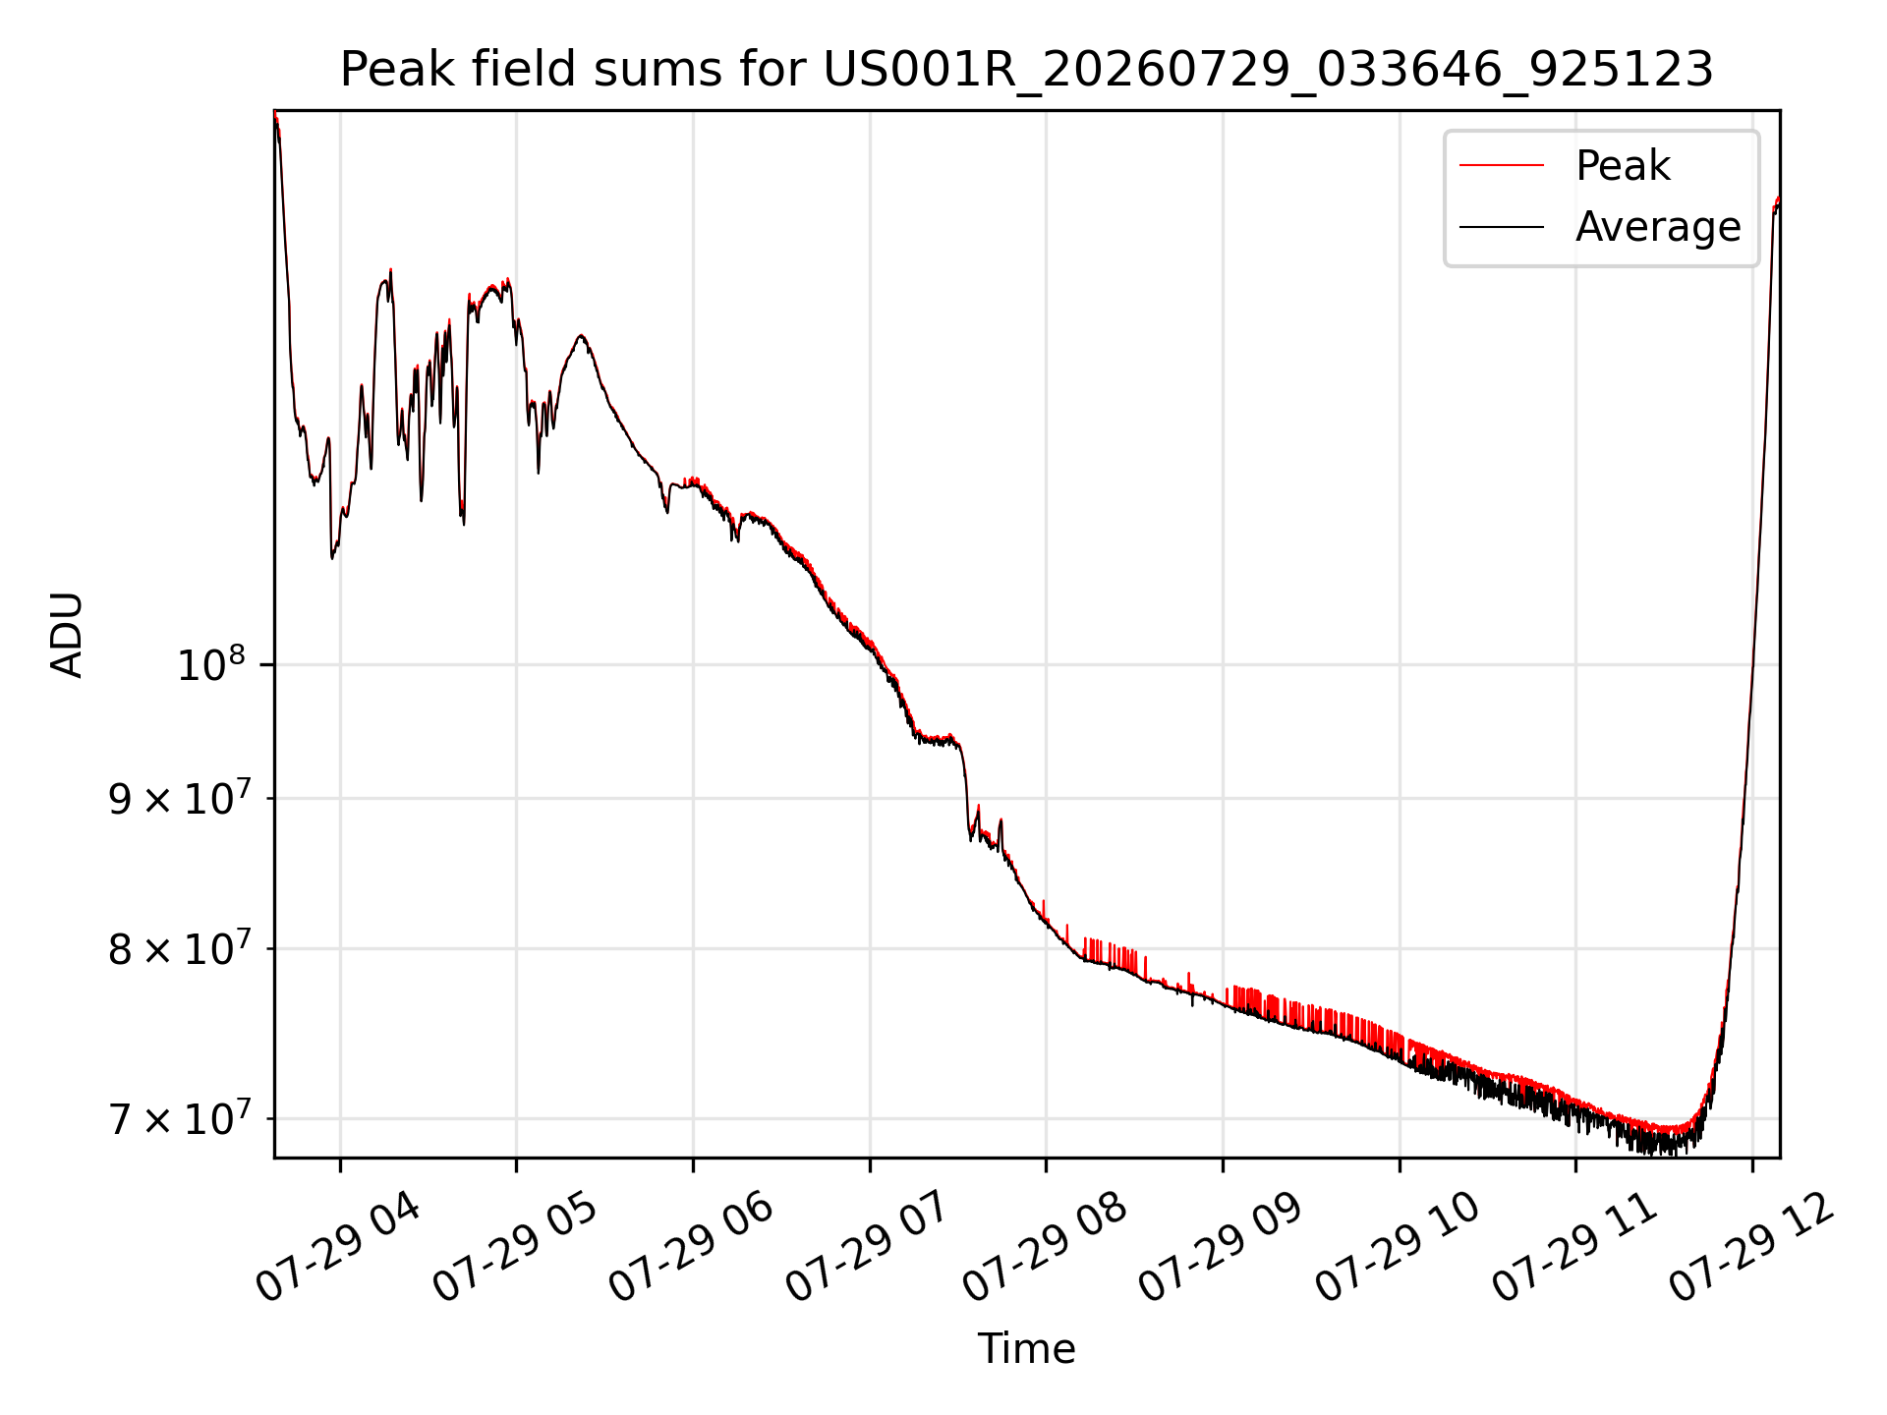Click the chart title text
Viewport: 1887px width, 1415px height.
point(1026,70)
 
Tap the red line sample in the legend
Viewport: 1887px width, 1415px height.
point(1502,165)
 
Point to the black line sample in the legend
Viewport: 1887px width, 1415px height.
point(1502,227)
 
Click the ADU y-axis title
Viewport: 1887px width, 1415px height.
point(67,634)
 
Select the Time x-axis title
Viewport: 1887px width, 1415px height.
point(1026,1348)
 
